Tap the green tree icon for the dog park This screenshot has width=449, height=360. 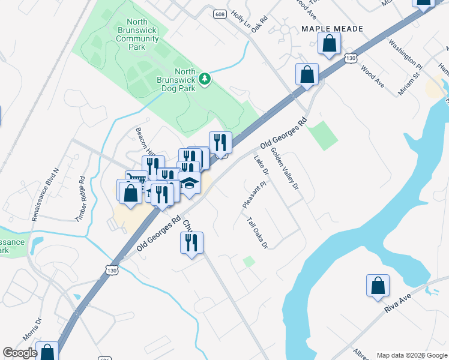(x=205, y=79)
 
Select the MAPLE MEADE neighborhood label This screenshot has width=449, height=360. (x=332, y=28)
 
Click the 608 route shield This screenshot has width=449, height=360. (x=220, y=13)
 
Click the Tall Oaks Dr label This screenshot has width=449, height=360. (x=256, y=232)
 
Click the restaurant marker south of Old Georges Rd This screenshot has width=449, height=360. (x=191, y=242)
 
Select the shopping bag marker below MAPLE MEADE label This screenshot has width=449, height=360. (x=329, y=43)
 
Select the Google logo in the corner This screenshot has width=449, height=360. (x=20, y=353)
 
